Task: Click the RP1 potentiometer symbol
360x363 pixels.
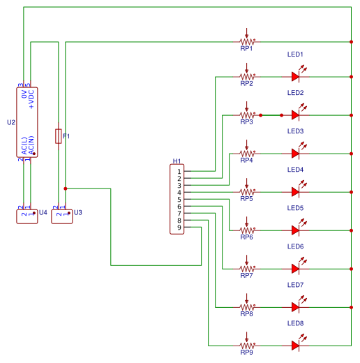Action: pos(246,40)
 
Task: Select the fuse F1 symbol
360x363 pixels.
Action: pos(58,136)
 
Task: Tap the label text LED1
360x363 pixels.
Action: pos(295,54)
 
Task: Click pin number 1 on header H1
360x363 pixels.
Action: pos(179,171)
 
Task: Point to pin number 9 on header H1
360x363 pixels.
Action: pos(179,228)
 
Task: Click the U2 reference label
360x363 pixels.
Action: pos(10,122)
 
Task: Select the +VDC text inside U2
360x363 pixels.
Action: pos(31,99)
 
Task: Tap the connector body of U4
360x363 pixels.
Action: pos(27,215)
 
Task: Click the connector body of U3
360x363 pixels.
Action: pos(61,215)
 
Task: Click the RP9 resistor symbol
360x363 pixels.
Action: pos(246,345)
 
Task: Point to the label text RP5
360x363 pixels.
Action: pos(246,199)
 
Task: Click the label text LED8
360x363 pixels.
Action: pos(295,323)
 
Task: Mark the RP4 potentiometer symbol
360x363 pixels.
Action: pos(246,153)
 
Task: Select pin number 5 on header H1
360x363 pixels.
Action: pos(179,200)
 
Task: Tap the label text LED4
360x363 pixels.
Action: pos(295,170)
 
